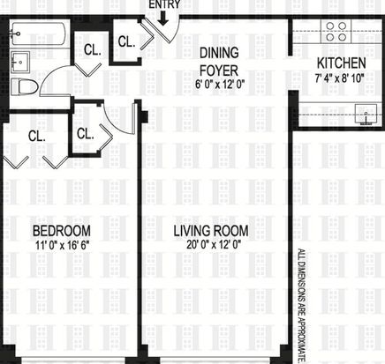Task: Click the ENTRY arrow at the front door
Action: pos(162,19)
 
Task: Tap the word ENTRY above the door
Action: pos(164,4)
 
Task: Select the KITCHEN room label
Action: pos(342,63)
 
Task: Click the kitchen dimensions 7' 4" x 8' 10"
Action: pos(340,78)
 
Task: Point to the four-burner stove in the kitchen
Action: pos(336,32)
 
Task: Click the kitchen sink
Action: pos(366,115)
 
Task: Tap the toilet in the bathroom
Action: pos(25,87)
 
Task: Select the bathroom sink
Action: pos(20,62)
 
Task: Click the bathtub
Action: pos(38,33)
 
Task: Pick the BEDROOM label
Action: pos(62,231)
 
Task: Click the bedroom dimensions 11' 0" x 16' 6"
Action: pos(62,245)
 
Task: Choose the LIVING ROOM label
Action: pos(211,231)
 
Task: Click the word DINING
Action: pos(219,53)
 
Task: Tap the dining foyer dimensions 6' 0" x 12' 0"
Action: pos(220,85)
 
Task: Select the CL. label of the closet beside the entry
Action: pos(126,41)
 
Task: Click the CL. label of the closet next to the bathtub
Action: pos(93,50)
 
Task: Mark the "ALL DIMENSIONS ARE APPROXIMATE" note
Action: pos(302,307)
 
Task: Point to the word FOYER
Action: pos(219,71)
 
